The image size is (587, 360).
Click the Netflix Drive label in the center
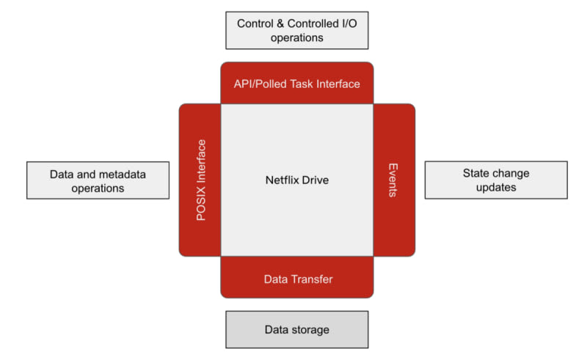click(296, 180)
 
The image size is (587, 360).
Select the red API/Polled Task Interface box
click(296, 84)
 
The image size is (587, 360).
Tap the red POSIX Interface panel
click(200, 180)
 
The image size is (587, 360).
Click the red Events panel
click(393, 180)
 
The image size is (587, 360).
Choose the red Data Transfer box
click(296, 279)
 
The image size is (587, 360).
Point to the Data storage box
click(296, 330)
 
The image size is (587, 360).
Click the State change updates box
click(496, 180)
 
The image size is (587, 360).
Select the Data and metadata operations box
click(98, 181)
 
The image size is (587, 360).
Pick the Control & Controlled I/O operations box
click(296, 30)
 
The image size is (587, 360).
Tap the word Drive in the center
click(316, 180)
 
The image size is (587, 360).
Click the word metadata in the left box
click(120, 175)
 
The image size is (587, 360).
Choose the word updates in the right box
click(496, 187)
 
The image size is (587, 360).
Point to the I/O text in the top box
click(348, 23)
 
